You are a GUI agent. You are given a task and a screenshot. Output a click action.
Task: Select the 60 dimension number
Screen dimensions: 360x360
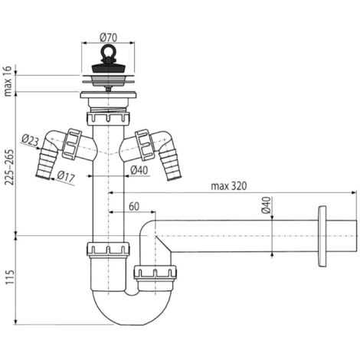133,206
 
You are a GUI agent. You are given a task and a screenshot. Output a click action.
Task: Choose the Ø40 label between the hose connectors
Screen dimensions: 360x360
138,169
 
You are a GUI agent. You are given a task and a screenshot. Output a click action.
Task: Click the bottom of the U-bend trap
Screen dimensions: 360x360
126,316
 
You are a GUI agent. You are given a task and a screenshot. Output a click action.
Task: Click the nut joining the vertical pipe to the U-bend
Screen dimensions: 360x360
106,250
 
